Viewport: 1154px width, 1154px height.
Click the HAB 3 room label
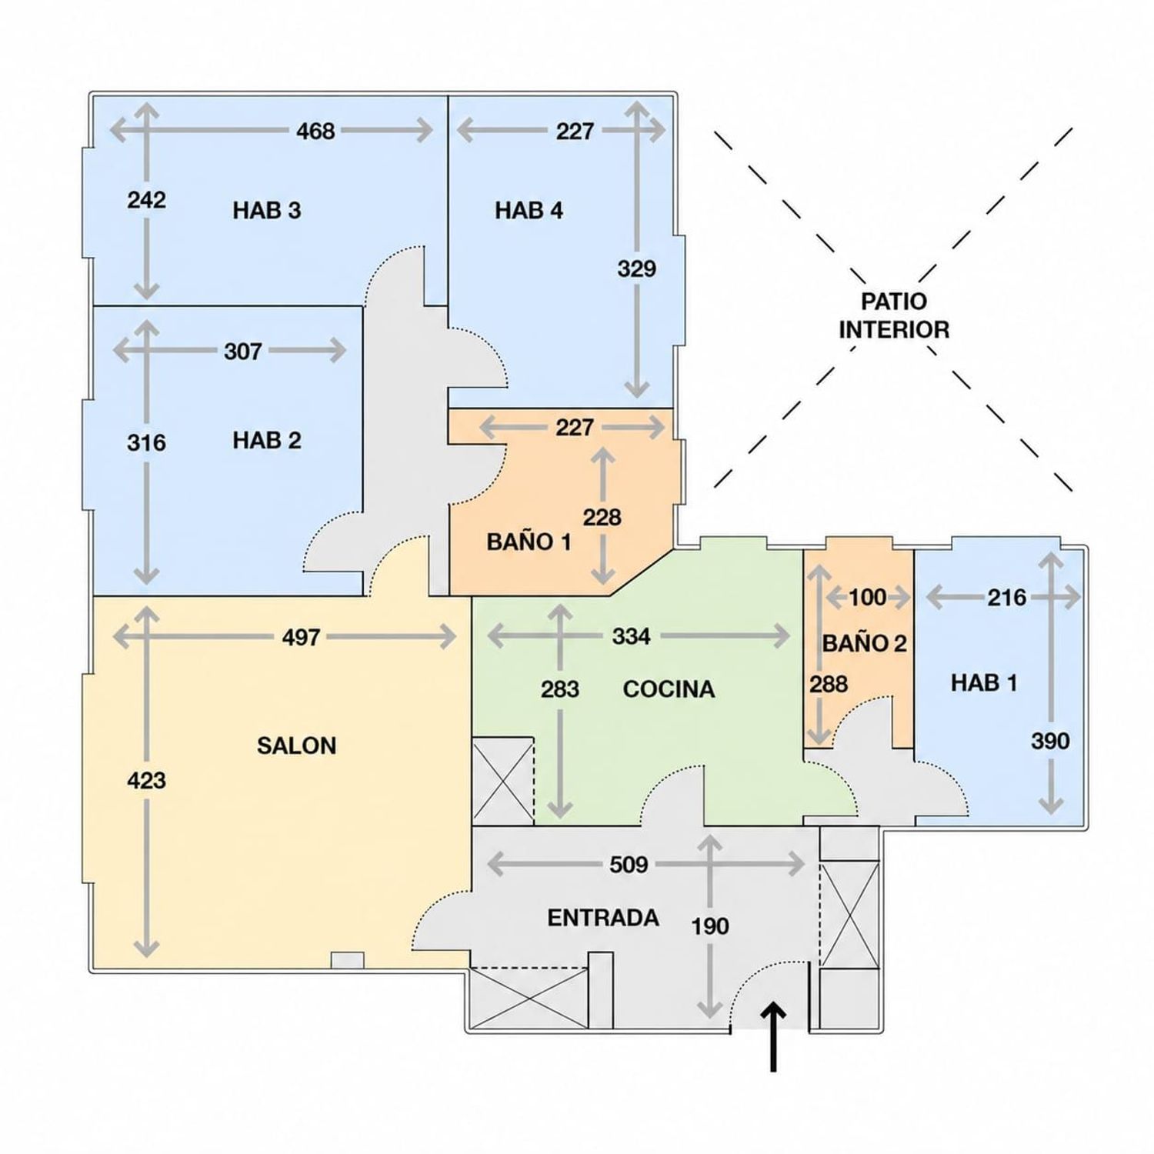tap(267, 210)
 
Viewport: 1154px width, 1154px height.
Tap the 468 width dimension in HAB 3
tap(315, 131)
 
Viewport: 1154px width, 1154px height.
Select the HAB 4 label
tap(529, 210)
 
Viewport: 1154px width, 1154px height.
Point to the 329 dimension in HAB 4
tap(636, 268)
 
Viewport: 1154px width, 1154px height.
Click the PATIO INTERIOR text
tap(894, 315)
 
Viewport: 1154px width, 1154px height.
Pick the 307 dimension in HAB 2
tap(243, 352)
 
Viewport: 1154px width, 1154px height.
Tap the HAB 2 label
tap(267, 440)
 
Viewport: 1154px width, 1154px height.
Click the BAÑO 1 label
tap(529, 542)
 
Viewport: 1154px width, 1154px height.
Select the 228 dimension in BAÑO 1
tap(602, 517)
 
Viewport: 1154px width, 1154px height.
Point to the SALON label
tap(296, 745)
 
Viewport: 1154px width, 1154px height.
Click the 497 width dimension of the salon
tap(301, 637)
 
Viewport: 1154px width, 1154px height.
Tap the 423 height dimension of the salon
tap(146, 781)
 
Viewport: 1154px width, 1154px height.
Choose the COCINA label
tap(669, 689)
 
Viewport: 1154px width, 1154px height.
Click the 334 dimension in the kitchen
tap(632, 636)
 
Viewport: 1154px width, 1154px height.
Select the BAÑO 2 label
tap(865, 642)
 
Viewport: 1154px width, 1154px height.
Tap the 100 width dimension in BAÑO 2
tap(868, 597)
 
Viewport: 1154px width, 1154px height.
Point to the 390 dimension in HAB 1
tap(1050, 741)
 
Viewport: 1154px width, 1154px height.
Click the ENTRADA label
tap(603, 917)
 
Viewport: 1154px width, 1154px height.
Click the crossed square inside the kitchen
tap(503, 781)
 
